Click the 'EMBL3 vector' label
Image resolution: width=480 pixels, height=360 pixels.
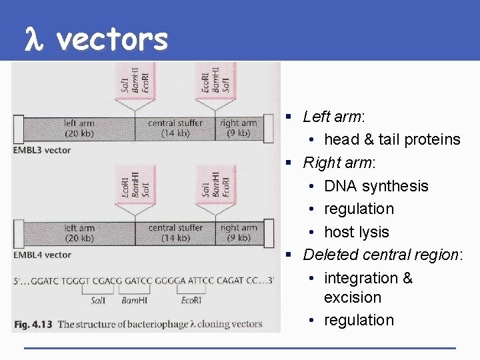pos(42,150)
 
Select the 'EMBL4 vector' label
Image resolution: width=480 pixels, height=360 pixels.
pos(42,255)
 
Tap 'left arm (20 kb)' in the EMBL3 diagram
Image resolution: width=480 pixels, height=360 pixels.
pos(79,128)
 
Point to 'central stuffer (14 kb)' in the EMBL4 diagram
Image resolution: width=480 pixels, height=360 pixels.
pos(175,233)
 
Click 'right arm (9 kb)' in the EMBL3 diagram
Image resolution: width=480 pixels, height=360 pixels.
pos(238,128)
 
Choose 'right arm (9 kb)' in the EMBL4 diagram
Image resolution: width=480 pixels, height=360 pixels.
pos(239,233)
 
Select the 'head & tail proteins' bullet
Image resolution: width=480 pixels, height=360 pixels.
pos(392,139)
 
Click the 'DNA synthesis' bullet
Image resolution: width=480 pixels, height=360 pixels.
pos(376,186)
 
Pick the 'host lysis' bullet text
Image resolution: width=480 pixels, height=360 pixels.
pos(356,232)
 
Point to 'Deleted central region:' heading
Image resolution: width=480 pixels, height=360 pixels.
pos(383,255)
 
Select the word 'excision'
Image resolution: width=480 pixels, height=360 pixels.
pos(353,297)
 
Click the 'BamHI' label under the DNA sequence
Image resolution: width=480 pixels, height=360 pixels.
pos(136,301)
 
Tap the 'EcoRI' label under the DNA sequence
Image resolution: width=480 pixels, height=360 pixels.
pos(191,301)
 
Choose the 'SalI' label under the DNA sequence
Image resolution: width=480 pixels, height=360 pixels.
pos(98,301)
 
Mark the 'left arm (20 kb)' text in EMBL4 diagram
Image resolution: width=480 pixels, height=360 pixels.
pos(79,233)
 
